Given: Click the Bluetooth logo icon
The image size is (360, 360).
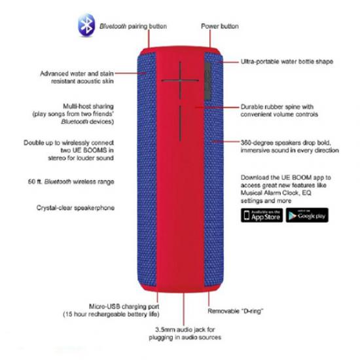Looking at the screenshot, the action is tap(86, 26).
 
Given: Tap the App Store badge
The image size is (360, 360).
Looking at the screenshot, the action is tap(262, 215).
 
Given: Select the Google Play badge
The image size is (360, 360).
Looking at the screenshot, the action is tap(307, 215).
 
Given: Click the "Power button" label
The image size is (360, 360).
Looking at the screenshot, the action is tap(220, 26).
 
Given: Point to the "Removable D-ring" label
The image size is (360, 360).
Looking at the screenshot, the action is tap(236, 311).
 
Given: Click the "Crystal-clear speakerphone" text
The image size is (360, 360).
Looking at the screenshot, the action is tap(75, 207).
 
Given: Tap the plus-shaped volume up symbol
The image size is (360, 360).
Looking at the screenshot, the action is tap(180, 81).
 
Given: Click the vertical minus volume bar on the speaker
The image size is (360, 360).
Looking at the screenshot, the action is tap(180, 124).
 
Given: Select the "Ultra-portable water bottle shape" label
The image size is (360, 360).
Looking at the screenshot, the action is tap(287, 62).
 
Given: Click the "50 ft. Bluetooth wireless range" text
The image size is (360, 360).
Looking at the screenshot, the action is tap(71, 181).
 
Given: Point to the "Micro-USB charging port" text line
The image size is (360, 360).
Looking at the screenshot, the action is tap(124, 306).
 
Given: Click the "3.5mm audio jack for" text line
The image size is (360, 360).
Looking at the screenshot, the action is tap(185, 330).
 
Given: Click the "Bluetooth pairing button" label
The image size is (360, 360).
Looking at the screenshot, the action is tap(133, 26).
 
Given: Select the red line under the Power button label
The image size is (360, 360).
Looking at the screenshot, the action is tap(210, 39).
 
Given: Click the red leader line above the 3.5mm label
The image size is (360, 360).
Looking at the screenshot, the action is tap(184, 309).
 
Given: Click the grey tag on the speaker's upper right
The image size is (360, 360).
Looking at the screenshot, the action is tap(207, 81).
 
